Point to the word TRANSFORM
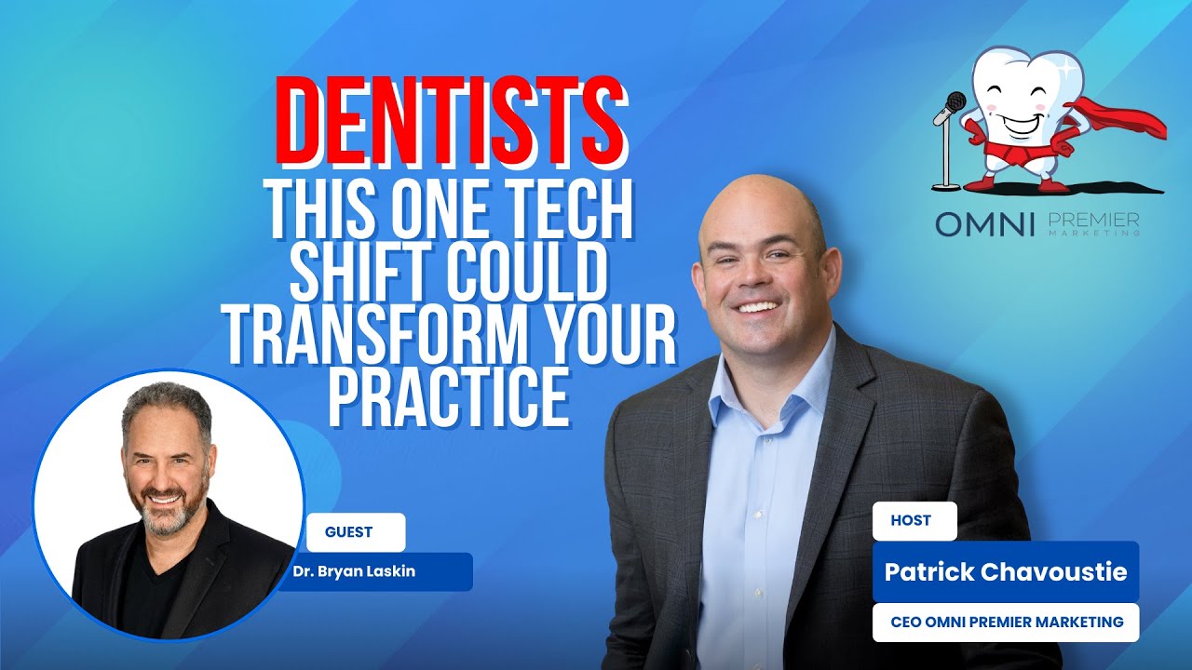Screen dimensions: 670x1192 pos(373,333)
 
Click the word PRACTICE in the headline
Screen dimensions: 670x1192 pos(448,396)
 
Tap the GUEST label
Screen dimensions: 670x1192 pos(348,532)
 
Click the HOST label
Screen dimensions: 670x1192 pos(911,521)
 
